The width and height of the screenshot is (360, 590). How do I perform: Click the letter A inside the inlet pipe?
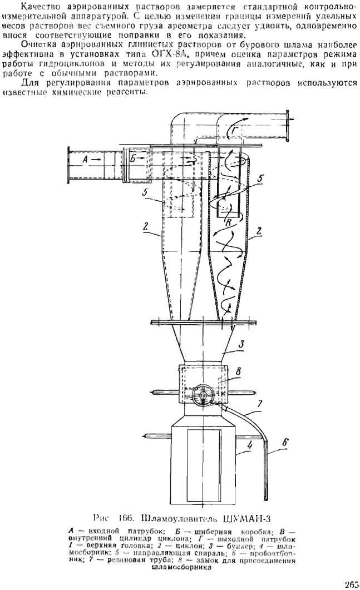[85, 160]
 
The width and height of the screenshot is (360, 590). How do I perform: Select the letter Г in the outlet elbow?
[235, 131]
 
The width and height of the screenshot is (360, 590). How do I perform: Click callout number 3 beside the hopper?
[241, 343]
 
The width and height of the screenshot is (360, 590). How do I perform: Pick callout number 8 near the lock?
[238, 371]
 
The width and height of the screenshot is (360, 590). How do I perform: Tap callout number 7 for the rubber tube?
[259, 404]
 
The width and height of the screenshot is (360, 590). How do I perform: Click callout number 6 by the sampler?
[285, 443]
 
